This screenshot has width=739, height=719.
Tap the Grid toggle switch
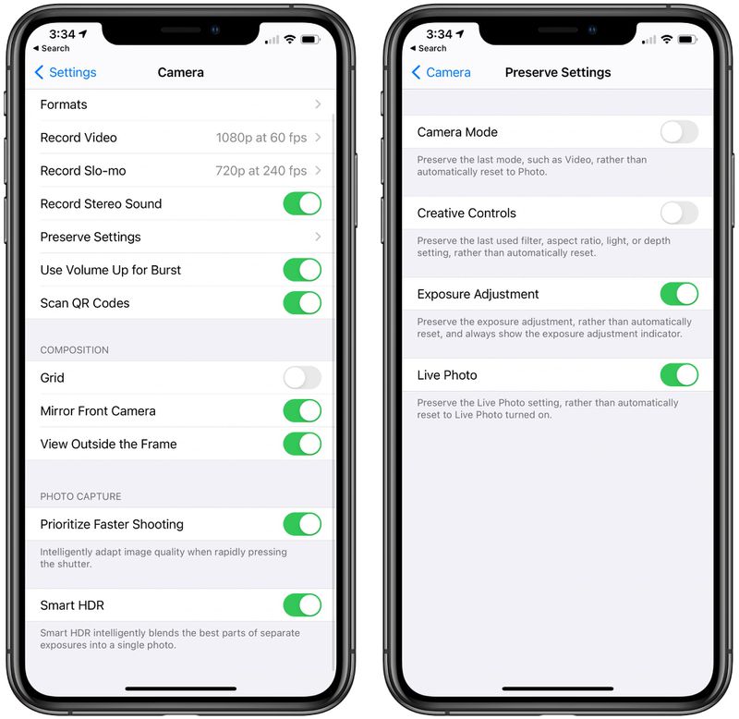click(302, 378)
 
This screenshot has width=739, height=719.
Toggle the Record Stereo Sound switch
click(302, 204)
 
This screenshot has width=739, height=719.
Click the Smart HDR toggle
click(302, 605)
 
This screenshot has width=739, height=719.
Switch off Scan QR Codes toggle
click(302, 303)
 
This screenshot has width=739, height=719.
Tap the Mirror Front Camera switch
click(302, 411)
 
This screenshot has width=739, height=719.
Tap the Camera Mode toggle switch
click(679, 132)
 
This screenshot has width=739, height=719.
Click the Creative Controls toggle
click(679, 213)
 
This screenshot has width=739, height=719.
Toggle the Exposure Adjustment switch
click(679, 295)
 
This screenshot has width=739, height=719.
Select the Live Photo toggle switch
click(679, 375)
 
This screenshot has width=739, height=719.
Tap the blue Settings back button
click(66, 72)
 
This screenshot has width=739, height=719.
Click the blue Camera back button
click(441, 72)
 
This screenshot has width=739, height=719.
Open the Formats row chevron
click(318, 104)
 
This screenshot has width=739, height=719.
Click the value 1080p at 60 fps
click(261, 138)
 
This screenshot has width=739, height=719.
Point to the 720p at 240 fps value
click(261, 171)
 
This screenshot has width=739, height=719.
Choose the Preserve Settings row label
click(91, 238)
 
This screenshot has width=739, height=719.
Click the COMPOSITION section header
click(74, 350)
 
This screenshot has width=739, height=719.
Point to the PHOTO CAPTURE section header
click(80, 496)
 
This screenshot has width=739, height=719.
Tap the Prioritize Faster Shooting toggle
click(302, 525)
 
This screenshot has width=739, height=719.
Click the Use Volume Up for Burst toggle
click(302, 270)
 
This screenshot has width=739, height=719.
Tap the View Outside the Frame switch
click(302, 445)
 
